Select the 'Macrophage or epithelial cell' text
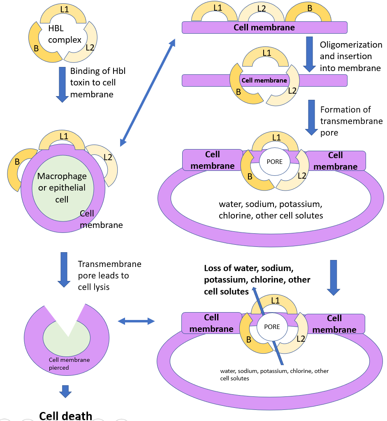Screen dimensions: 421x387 point(62,188)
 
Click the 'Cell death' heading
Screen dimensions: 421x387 point(66,415)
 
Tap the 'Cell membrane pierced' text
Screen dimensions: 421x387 point(69,363)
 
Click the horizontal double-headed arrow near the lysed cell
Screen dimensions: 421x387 point(136,321)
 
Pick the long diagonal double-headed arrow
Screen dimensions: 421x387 point(148,92)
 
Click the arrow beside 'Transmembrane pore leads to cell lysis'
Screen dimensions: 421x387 point(64,269)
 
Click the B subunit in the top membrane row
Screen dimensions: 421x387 point(310,12)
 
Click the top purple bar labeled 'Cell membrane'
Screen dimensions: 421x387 point(264,28)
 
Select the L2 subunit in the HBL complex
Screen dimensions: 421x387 point(88,43)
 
